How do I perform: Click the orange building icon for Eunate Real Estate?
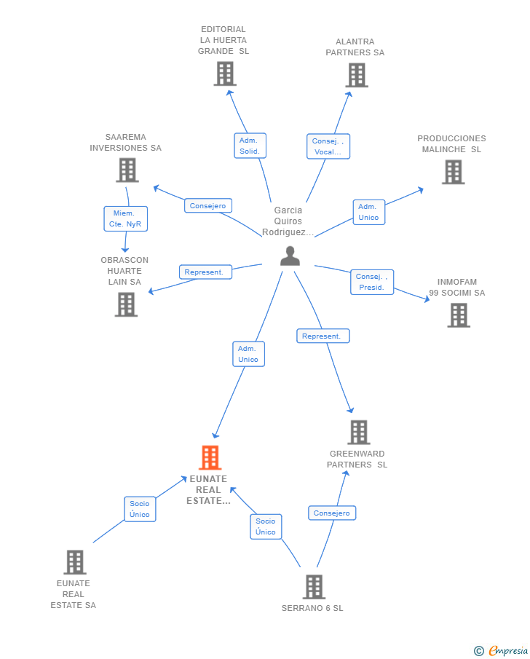click(210, 457)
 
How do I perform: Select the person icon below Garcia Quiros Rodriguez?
click(290, 256)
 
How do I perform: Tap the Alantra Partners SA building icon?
click(357, 75)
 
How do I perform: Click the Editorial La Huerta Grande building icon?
click(225, 74)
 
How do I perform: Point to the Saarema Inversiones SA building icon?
click(127, 170)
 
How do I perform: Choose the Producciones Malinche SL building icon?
click(454, 173)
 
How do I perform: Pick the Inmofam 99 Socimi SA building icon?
click(459, 315)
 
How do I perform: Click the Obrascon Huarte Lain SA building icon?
click(126, 304)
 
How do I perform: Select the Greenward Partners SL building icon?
click(359, 432)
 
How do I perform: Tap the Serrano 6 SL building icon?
click(314, 587)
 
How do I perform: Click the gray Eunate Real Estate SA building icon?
click(75, 562)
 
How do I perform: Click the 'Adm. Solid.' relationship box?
click(250, 146)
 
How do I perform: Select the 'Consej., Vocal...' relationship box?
click(328, 146)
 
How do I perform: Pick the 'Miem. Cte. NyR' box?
click(126, 218)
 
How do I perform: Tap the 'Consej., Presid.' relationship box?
click(372, 282)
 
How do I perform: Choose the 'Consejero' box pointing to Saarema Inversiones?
click(208, 205)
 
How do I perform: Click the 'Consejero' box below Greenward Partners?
click(332, 513)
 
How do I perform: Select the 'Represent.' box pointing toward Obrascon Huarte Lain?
click(205, 272)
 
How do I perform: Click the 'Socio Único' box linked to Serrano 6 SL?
click(266, 526)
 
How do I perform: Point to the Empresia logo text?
click(508, 650)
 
